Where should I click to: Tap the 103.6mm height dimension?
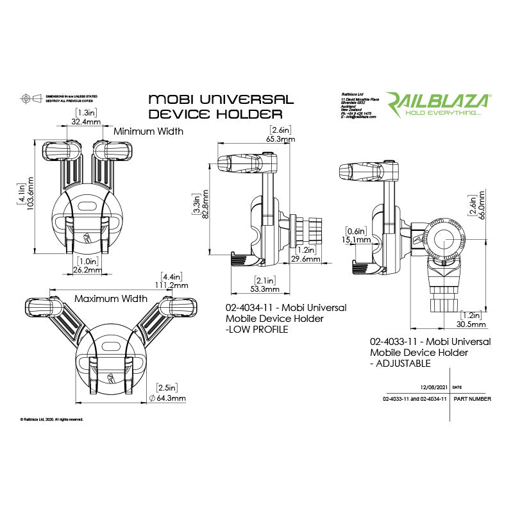[29, 199]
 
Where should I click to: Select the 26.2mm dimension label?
[87, 271]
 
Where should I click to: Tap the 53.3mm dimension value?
[264, 290]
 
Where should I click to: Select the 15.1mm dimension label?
[357, 240]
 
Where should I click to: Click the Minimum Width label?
[148, 131]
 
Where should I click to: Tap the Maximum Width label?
[111, 299]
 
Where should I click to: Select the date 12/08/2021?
[432, 388]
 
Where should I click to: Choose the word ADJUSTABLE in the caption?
[404, 364]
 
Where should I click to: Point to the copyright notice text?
[52, 419]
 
